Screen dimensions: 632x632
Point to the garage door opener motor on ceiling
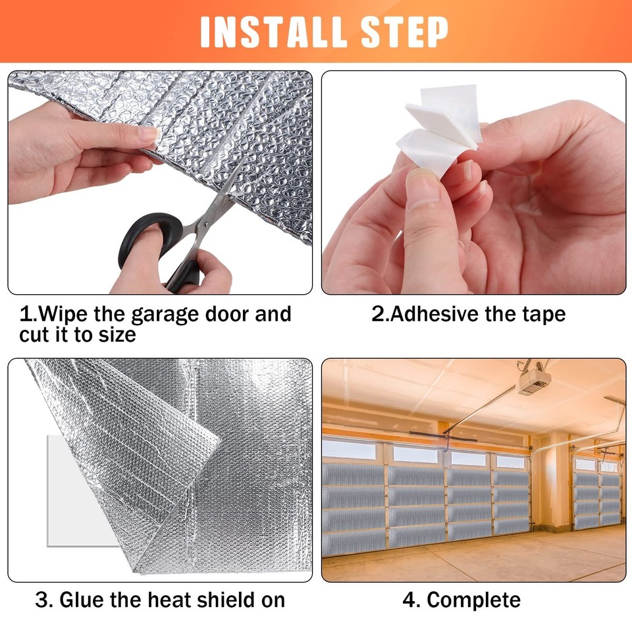point(534,381)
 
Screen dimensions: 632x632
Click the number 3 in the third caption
point(41,600)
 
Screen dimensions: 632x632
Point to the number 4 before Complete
point(409,600)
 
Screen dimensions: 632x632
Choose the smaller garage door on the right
point(596,494)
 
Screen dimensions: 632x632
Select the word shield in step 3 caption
point(221,600)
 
